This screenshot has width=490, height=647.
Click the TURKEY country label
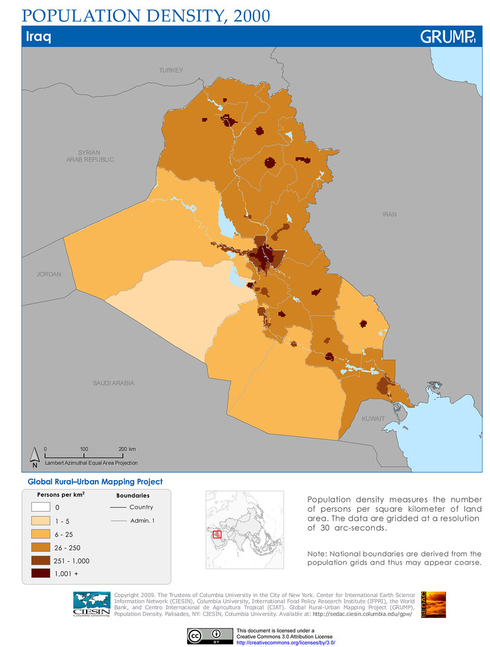[171, 70]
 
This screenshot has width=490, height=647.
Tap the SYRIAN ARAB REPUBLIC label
[90, 156]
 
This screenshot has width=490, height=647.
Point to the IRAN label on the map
[389, 215]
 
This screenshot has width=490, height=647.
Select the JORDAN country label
[49, 274]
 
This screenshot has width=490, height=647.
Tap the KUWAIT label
[372, 419]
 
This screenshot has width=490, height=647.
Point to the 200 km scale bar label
[127, 449]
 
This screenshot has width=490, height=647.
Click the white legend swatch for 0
[40, 507]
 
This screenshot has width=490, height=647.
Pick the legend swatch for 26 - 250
[40, 547]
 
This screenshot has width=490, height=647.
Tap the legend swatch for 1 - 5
[40, 521]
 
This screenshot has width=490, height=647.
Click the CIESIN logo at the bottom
[92, 604]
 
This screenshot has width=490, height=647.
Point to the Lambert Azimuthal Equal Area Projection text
[91, 463]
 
